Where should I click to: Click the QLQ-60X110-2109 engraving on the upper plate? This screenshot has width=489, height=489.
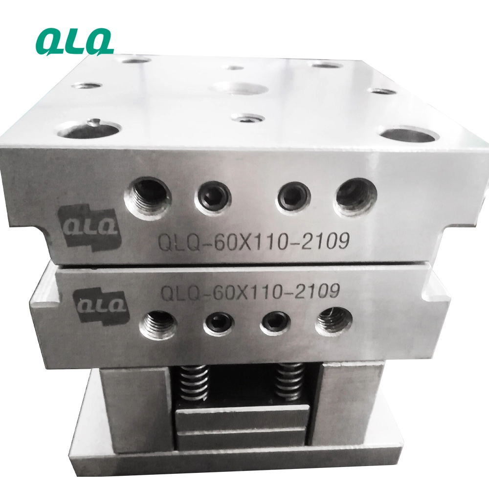coord(253,241)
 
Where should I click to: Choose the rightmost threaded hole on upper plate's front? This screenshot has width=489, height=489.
coord(356,197)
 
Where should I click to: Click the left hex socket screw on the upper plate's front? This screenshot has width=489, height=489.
coord(213,198)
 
